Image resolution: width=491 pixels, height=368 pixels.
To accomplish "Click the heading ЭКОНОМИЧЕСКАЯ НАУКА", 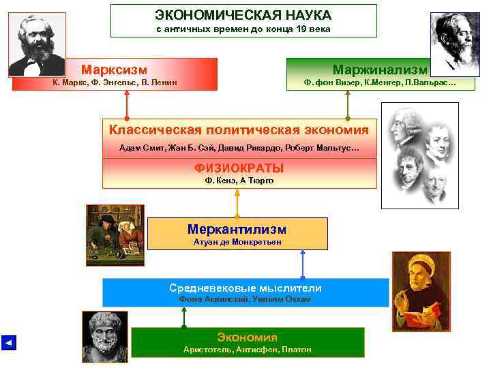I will [x=243, y=14].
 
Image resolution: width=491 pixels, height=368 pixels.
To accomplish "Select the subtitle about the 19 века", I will [x=243, y=29].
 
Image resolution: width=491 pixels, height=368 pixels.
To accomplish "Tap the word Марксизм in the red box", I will [x=115, y=69].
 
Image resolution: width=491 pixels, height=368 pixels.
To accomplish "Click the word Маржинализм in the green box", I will [x=380, y=70].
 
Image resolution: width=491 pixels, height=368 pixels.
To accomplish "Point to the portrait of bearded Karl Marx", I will [x=37, y=44].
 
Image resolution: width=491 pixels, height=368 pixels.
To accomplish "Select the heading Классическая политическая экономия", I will [x=239, y=129].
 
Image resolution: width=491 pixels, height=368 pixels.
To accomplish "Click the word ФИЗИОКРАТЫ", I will [x=239, y=168].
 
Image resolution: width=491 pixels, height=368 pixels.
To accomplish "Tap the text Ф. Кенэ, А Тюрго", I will [x=239, y=181].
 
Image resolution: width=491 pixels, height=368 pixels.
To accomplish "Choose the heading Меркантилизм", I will [x=237, y=229].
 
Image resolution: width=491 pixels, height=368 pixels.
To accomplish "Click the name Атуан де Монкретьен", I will [x=237, y=242].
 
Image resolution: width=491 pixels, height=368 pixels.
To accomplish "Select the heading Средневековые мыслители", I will [x=245, y=288].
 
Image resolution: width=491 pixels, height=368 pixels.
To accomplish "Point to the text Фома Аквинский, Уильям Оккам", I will [x=245, y=299].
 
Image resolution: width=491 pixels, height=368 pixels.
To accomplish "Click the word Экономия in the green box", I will [x=247, y=337].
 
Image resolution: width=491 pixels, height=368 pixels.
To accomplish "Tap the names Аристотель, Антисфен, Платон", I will [x=247, y=350].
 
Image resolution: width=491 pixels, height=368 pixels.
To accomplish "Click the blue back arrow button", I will [x=8, y=342].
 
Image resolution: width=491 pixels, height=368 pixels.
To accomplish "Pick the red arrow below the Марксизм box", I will [x=127, y=105].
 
